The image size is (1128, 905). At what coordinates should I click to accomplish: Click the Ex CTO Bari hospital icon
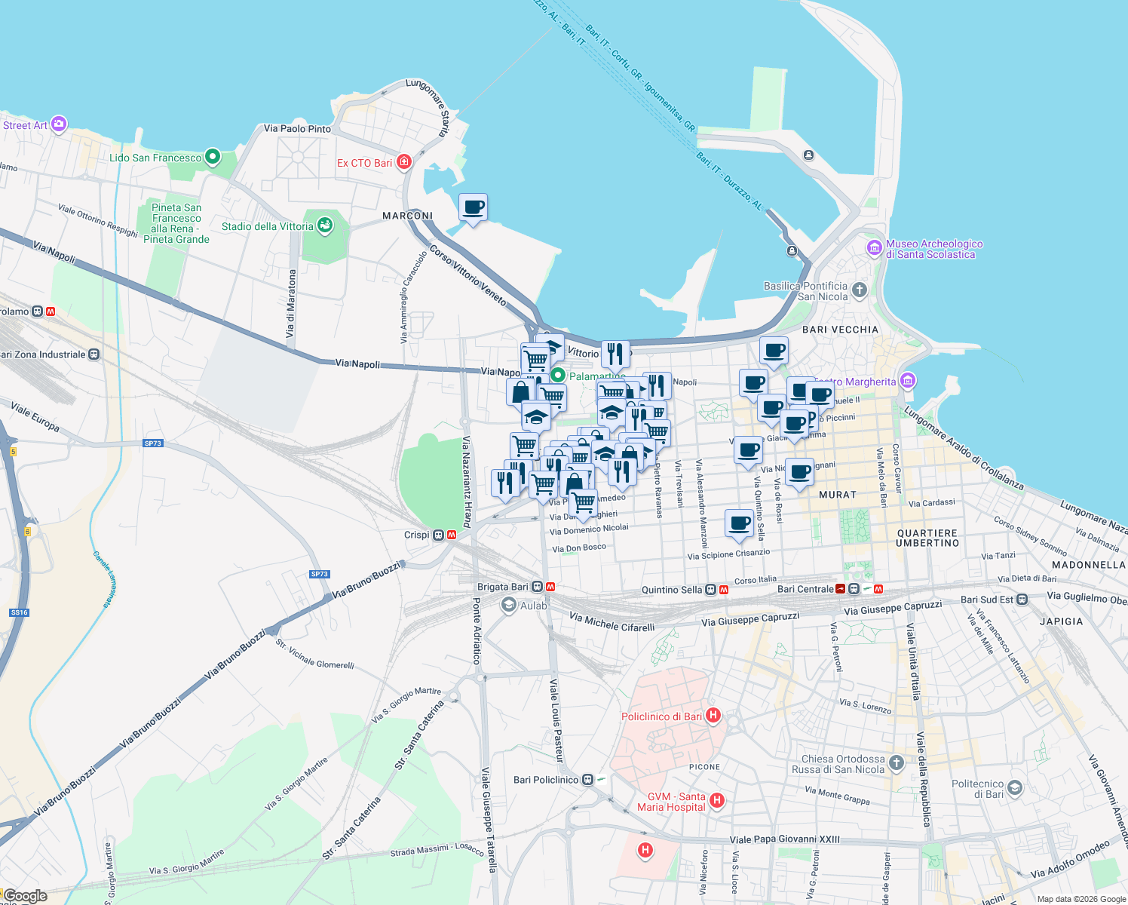coord(404,162)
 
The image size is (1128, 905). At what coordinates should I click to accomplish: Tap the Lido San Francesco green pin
coord(213,158)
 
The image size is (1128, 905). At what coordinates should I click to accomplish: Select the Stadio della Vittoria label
coord(267,226)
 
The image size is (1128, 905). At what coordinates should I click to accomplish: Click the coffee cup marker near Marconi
coord(473,207)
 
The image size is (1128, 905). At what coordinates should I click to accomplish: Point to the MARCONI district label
coord(407,216)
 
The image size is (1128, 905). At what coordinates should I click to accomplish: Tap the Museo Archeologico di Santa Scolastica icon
coord(875,247)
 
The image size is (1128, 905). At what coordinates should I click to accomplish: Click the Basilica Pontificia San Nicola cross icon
coord(859,290)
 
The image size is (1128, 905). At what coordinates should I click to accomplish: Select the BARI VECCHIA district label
coord(840,330)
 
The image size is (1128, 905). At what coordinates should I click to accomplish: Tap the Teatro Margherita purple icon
coord(908,381)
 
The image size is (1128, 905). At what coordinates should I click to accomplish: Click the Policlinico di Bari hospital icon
coord(713,716)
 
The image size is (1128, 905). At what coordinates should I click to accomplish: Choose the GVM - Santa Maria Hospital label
coord(671,802)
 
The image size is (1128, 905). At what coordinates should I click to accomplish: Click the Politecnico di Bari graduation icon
coord(1015,788)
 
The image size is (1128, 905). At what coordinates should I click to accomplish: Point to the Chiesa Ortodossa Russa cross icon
coord(896,763)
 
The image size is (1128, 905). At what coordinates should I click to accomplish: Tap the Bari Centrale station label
coord(805,589)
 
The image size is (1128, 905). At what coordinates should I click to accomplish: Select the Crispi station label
coord(416,535)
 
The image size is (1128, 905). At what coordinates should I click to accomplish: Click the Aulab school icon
coord(509,605)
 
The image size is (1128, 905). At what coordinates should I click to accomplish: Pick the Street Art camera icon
coord(59,124)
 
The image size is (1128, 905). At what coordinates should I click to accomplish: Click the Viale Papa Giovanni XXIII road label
coord(784,839)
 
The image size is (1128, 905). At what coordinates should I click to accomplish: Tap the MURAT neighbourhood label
coord(837,495)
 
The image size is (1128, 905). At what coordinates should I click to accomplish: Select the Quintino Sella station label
coord(671,590)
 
